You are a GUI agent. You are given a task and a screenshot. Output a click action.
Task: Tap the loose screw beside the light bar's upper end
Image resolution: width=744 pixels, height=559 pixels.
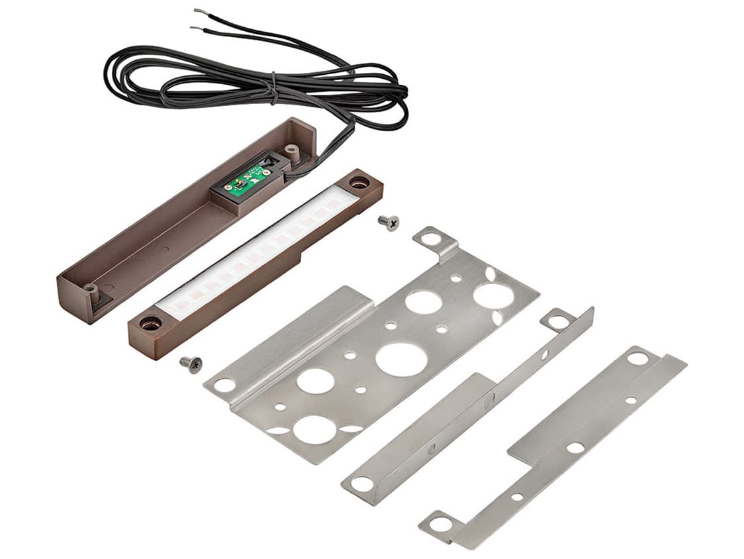click(x=388, y=223)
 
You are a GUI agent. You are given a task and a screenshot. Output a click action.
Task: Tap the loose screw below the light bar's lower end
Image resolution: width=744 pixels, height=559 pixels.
click(x=191, y=364)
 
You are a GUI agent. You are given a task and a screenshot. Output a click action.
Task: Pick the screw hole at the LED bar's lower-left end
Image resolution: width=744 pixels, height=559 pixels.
click(x=150, y=324)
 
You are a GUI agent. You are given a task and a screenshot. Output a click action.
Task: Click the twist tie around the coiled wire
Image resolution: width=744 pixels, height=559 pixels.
click(x=272, y=88)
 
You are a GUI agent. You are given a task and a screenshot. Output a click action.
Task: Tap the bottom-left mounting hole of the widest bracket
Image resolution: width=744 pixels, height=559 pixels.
click(x=224, y=385)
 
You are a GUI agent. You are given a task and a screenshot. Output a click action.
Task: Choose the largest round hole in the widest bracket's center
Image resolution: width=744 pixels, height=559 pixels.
click(x=401, y=360)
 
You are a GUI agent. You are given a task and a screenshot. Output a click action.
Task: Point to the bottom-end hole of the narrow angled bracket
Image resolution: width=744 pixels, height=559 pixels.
click(x=362, y=483)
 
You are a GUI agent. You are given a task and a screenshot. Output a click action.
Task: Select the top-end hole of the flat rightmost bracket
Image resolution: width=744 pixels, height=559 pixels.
click(x=637, y=358)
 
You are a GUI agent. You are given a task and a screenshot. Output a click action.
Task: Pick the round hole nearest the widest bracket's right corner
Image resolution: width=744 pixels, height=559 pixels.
click(x=494, y=295)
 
